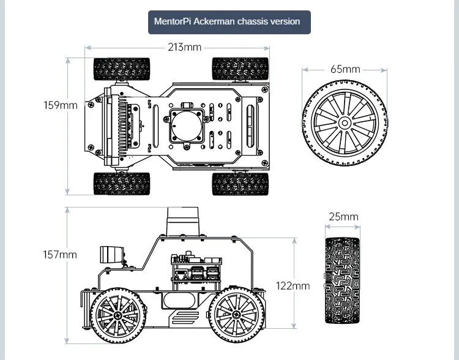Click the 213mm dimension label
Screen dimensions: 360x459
click(x=184, y=47)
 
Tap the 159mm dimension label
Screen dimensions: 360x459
click(x=61, y=105)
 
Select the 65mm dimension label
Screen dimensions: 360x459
click(x=345, y=69)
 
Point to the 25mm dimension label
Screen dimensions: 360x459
click(x=343, y=217)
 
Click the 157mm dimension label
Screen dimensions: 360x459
click(x=60, y=255)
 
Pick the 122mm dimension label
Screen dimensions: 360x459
click(x=293, y=286)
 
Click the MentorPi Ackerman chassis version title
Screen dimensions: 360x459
click(x=227, y=21)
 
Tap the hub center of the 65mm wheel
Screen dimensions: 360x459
click(x=345, y=123)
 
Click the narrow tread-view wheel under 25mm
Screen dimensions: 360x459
click(x=343, y=280)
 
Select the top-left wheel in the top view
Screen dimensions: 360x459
click(x=121, y=69)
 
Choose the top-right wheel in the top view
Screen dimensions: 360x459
click(x=240, y=69)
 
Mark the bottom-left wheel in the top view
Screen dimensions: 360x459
click(x=121, y=183)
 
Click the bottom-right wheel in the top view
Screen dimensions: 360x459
click(x=240, y=183)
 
